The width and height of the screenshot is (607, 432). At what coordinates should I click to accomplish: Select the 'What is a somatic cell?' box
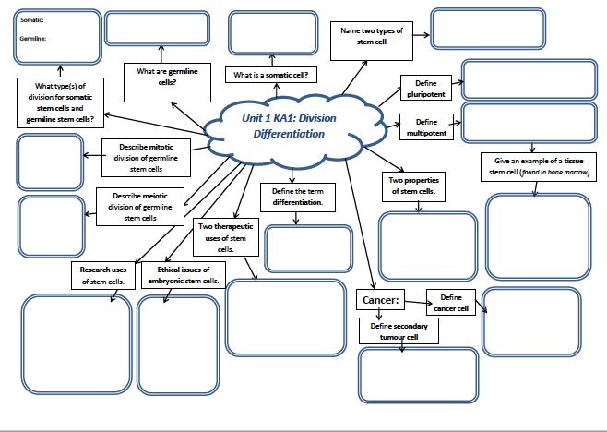270,75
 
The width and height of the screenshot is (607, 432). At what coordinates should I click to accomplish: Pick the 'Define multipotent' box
425,127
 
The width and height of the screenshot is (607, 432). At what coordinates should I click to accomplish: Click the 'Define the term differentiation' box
296,196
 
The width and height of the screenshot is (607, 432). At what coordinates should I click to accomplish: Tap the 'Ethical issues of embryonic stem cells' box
183,274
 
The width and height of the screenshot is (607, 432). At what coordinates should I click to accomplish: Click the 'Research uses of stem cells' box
102,275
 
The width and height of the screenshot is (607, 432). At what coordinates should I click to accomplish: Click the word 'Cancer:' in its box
377,301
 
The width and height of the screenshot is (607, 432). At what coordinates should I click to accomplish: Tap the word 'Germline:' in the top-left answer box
32,39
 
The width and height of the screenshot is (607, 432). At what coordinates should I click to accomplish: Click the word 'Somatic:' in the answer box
31,18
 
